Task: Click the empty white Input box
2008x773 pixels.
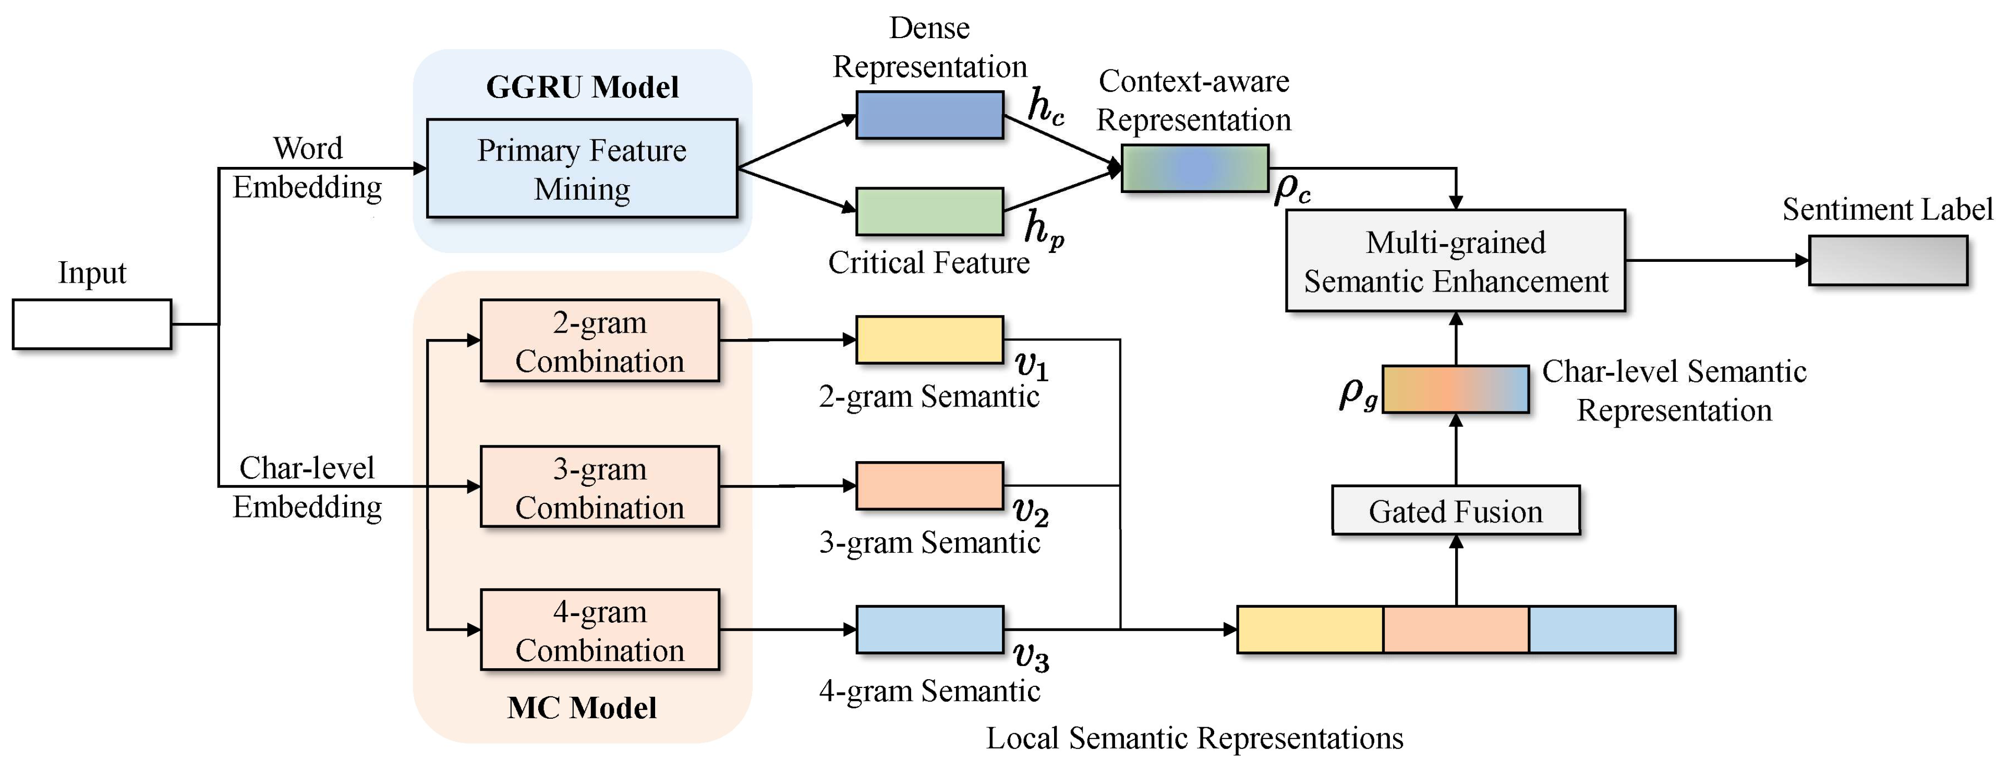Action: pyautogui.click(x=92, y=324)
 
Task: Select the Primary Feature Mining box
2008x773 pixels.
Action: pyautogui.click(x=582, y=168)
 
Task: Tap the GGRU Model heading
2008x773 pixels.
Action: pyautogui.click(x=582, y=87)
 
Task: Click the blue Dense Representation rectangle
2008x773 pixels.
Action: pyautogui.click(x=929, y=115)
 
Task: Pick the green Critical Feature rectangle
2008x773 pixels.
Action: pyautogui.click(x=929, y=211)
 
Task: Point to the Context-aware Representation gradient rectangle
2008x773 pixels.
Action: pyautogui.click(x=1194, y=168)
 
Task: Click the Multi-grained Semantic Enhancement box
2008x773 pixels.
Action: pyautogui.click(x=1455, y=261)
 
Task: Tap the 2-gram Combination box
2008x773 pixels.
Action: pyautogui.click(x=599, y=341)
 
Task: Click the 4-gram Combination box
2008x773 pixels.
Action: pyautogui.click(x=599, y=630)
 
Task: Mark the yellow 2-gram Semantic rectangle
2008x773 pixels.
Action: pyautogui.click(x=929, y=340)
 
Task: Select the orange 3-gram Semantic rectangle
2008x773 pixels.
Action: pyautogui.click(x=929, y=486)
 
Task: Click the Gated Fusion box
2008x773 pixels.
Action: pyautogui.click(x=1455, y=511)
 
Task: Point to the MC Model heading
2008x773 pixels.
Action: pyautogui.click(x=582, y=708)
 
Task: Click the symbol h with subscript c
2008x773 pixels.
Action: pyautogui.click(x=1045, y=107)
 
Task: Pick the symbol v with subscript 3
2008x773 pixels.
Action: pyautogui.click(x=1031, y=657)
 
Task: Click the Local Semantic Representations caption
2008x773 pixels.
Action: pyautogui.click(x=1194, y=738)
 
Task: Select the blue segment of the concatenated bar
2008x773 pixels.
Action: pyautogui.click(x=1602, y=630)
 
